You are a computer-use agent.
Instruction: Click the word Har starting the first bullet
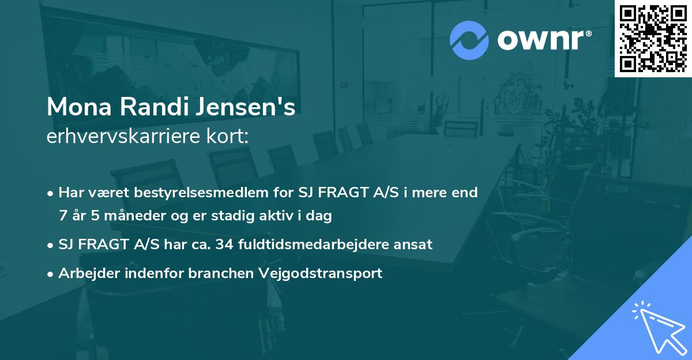coord(71,193)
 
